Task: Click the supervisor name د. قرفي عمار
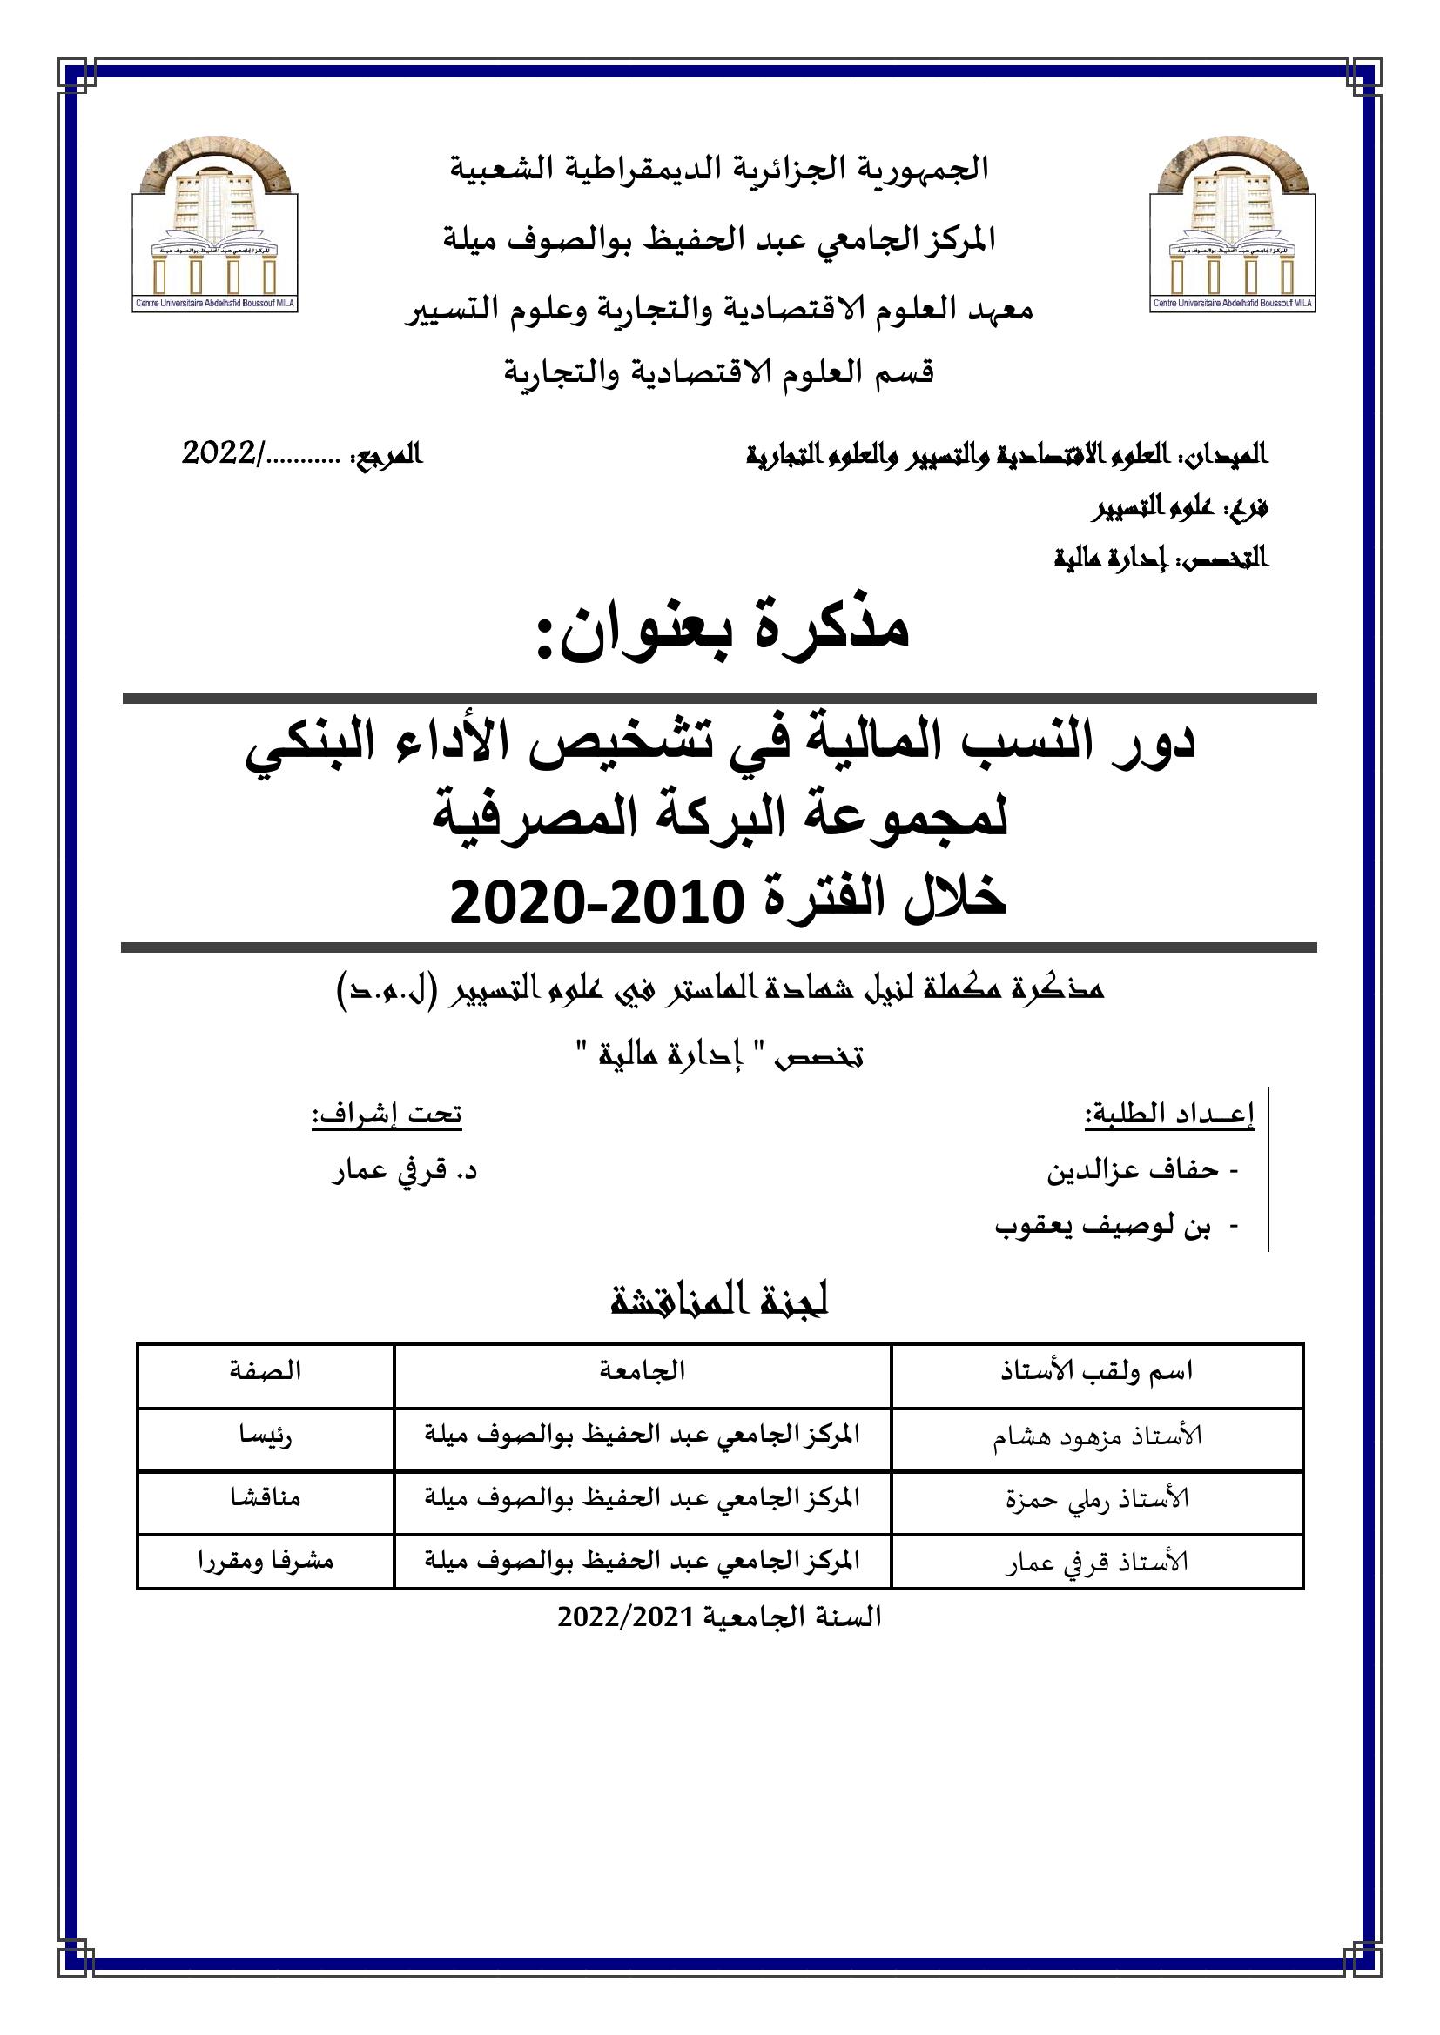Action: coord(404,1171)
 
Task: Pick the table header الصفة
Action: coord(266,1371)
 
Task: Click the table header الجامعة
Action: coord(643,1371)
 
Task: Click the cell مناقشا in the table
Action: coord(266,1498)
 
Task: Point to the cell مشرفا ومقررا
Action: coord(266,1561)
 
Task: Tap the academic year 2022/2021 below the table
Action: coord(719,1617)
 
